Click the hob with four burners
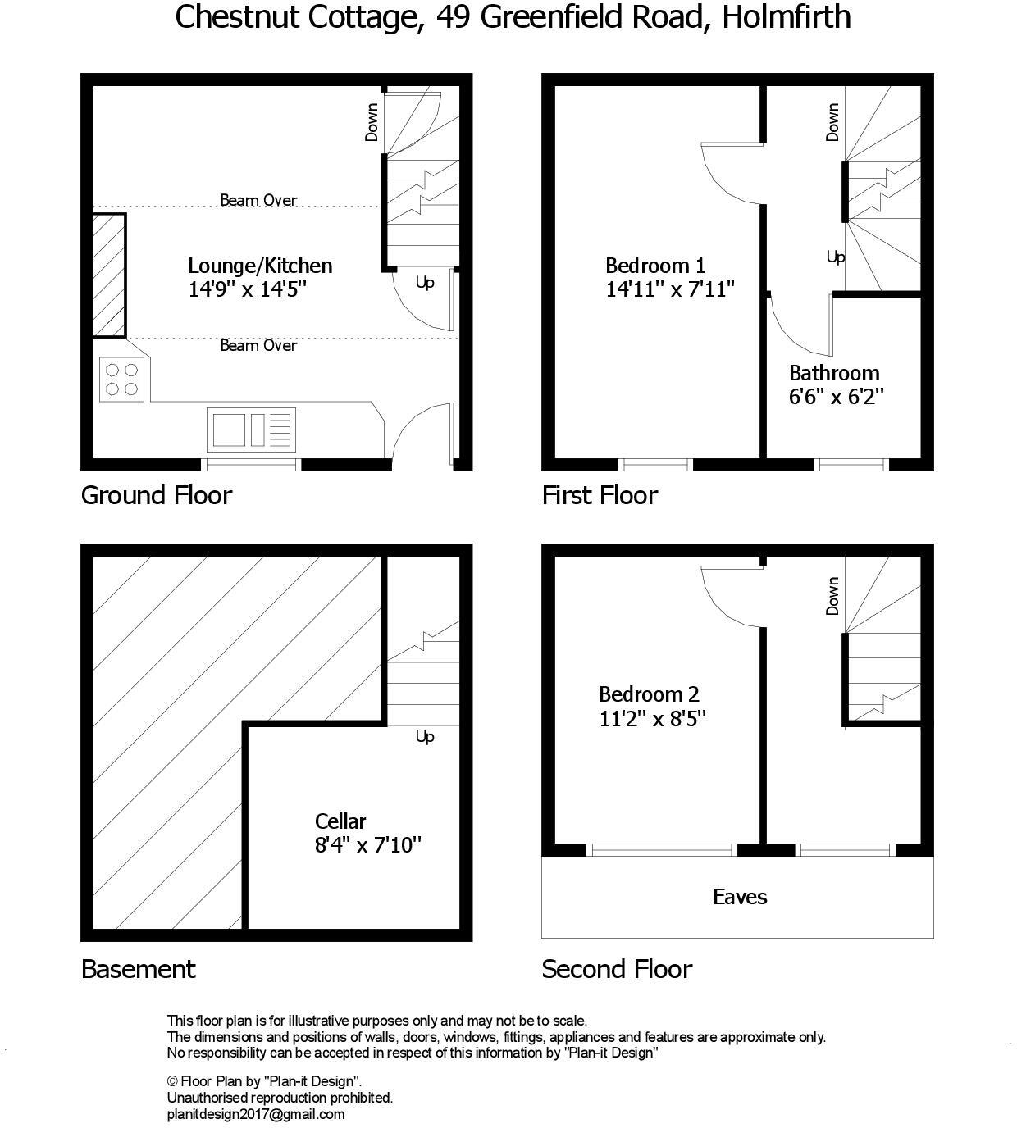121,380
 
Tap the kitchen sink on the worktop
251,429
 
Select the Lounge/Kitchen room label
260,266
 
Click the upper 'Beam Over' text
258,200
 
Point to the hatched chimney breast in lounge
108,275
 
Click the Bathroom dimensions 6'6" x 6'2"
836,397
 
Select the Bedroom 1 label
654,266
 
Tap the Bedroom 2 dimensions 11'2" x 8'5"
652,719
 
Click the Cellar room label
340,821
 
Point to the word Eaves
740,897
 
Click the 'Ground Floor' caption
157,495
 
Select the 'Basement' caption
139,969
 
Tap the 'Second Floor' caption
617,969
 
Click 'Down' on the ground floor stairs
372,121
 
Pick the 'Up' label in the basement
425,737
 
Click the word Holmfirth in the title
786,16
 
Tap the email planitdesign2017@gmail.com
256,1114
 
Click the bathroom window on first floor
852,465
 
